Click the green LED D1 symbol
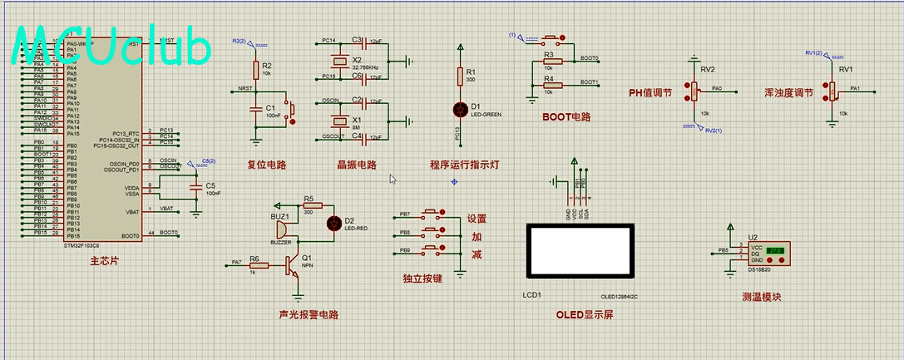click(459, 109)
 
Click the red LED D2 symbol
click(334, 223)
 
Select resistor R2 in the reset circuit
click(255, 69)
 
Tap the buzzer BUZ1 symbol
click(279, 229)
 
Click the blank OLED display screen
click(582, 250)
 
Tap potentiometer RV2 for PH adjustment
click(691, 90)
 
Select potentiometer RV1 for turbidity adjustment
click(832, 90)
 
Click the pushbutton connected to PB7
click(432, 214)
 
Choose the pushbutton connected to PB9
click(432, 249)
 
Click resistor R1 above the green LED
click(459, 76)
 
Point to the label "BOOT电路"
click(566, 117)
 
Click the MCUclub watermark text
click(112, 48)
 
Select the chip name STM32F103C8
click(82, 245)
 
